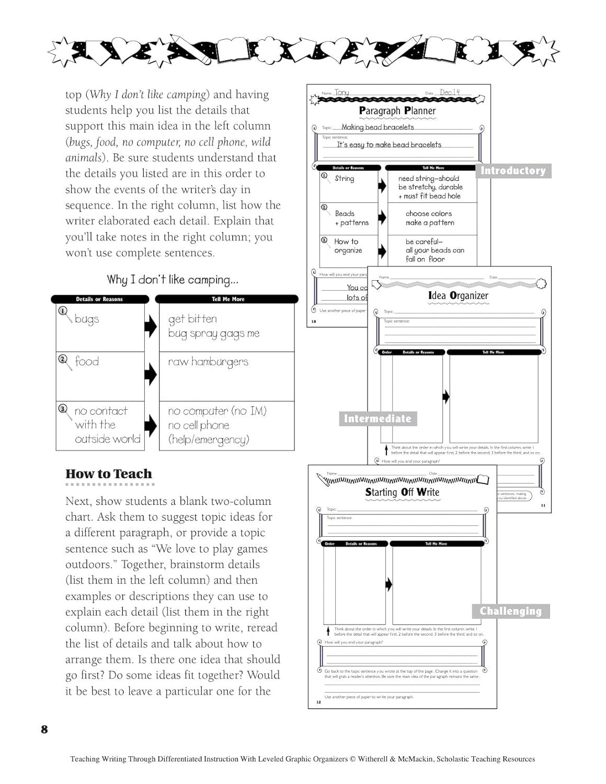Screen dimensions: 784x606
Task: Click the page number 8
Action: [x=44, y=729]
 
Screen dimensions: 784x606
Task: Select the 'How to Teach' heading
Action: [x=109, y=474]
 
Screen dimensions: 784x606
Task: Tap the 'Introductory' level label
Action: [x=512, y=171]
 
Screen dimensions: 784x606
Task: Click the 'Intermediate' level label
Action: [x=378, y=419]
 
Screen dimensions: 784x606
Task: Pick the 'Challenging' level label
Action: [x=510, y=611]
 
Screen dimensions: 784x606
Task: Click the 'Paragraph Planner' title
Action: [x=397, y=111]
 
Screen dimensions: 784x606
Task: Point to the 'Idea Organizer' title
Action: [x=458, y=296]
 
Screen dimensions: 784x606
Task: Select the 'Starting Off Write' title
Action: [x=402, y=492]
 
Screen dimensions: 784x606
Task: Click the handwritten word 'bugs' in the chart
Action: [x=87, y=319]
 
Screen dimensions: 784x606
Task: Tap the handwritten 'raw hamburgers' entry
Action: [x=208, y=362]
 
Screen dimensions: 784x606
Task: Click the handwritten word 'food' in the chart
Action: [x=87, y=362]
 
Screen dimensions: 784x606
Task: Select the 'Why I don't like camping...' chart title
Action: [x=173, y=280]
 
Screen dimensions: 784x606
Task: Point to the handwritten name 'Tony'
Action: [x=341, y=93]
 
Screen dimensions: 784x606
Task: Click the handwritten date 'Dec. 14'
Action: [x=450, y=93]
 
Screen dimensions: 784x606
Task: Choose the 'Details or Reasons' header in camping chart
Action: [x=99, y=299]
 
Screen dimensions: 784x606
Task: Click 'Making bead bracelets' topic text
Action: [x=378, y=127]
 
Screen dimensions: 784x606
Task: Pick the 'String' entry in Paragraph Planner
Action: [x=345, y=179]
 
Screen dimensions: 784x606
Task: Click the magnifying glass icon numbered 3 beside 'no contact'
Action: [x=64, y=411]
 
